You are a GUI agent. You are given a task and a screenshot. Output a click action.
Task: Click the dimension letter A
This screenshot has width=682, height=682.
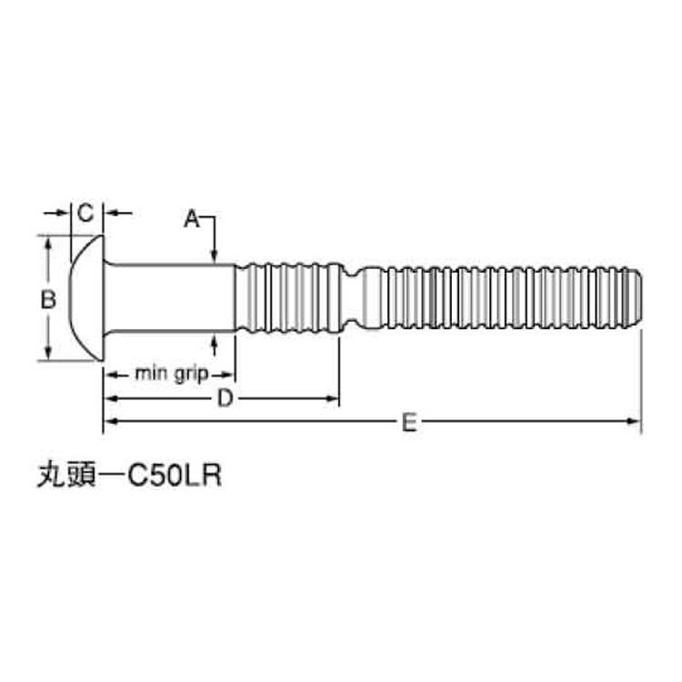point(191,218)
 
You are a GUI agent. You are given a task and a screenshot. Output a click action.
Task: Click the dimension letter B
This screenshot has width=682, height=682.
point(51,297)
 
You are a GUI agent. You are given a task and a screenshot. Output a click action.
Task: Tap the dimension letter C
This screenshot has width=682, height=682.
point(85,214)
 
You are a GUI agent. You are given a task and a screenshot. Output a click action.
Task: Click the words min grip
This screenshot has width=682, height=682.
point(172,373)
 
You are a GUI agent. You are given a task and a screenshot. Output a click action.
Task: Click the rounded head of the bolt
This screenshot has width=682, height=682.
point(87,297)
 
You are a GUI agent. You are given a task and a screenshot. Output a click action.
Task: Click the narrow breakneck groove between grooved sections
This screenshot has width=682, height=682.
point(351,297)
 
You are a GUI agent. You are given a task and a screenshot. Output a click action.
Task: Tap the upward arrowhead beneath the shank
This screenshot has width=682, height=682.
point(214,339)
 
